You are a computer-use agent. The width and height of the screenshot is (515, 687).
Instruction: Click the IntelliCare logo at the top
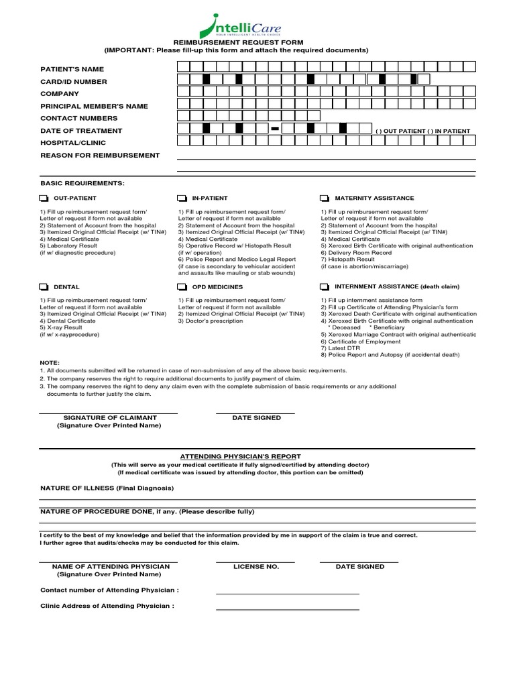(x=239, y=27)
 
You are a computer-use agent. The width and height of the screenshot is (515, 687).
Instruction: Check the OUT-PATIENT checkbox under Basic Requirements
(x=44, y=199)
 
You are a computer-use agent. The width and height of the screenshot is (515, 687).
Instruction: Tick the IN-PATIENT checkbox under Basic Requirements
(x=182, y=199)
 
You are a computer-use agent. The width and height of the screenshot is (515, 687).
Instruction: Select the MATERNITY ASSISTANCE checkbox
(x=325, y=199)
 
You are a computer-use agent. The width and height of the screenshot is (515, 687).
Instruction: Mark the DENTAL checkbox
(x=44, y=287)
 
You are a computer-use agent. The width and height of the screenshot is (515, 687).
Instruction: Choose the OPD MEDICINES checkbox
(x=182, y=287)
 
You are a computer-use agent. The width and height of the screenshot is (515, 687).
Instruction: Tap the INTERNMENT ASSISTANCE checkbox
(x=325, y=287)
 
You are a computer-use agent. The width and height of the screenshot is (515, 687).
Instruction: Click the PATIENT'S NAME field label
(x=72, y=69)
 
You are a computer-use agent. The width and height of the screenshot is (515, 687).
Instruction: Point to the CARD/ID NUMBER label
(x=74, y=82)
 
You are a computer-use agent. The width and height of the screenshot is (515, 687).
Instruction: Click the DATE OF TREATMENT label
(x=81, y=131)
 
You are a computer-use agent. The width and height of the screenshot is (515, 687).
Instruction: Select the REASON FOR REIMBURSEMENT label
(x=100, y=156)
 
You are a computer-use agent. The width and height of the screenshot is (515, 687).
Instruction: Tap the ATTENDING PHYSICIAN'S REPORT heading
(x=239, y=456)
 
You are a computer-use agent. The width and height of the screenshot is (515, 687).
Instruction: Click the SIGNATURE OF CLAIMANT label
(x=109, y=418)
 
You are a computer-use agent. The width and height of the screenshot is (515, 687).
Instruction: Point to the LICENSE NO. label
(x=255, y=567)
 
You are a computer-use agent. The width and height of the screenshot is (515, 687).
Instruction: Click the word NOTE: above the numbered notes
(x=50, y=363)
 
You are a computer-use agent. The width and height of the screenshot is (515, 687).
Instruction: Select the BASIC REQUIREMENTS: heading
(x=82, y=183)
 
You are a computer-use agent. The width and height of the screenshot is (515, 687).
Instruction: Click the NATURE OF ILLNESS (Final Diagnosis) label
(x=107, y=488)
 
